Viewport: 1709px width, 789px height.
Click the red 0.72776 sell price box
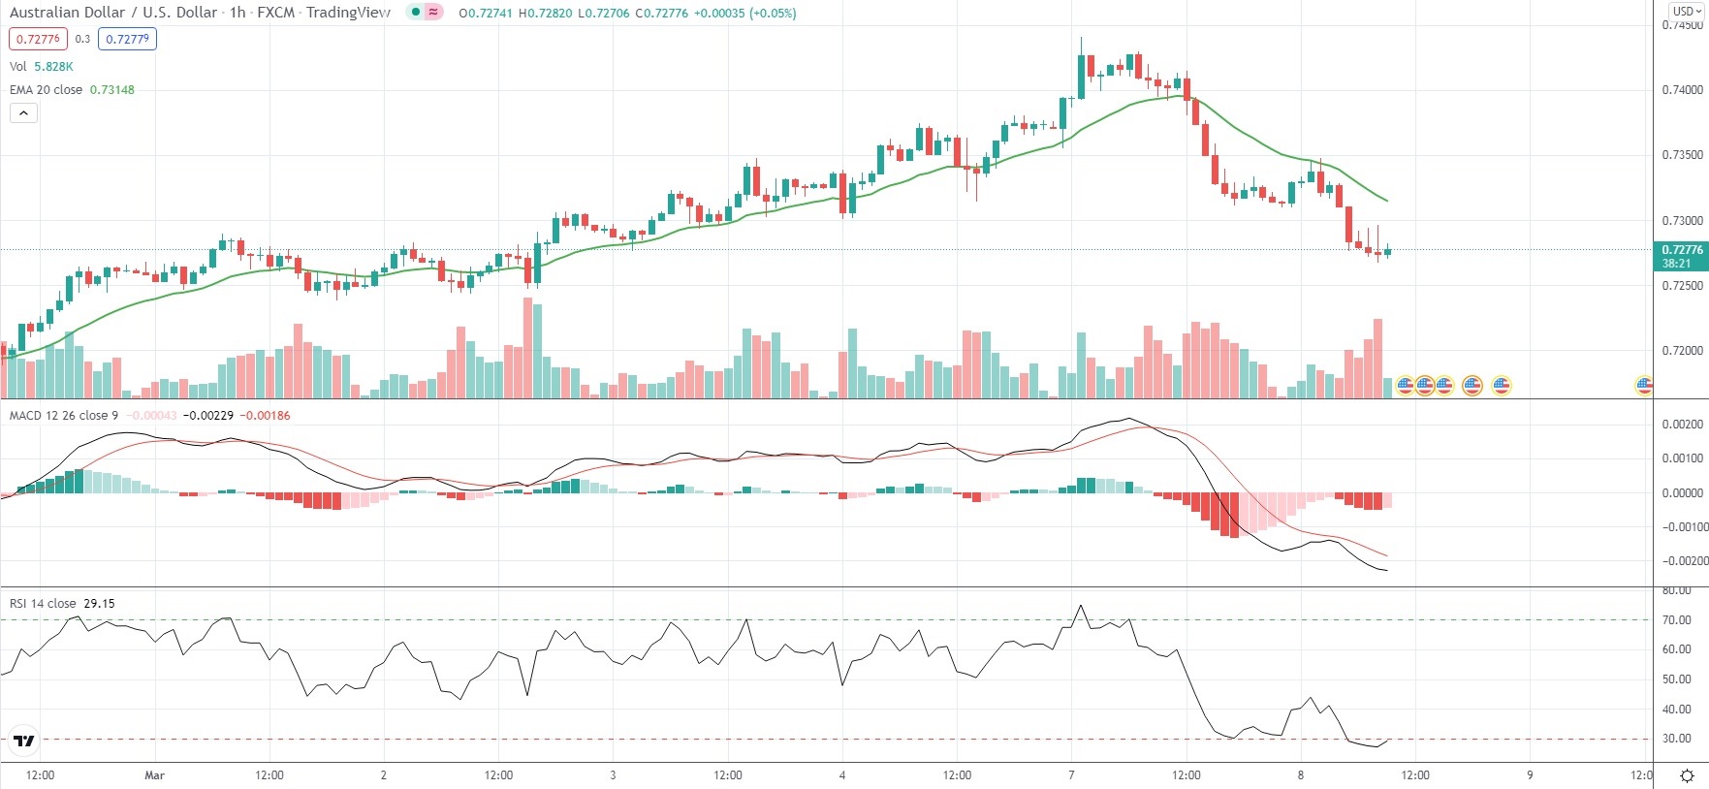click(38, 39)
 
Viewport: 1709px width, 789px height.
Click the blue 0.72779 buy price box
click(127, 39)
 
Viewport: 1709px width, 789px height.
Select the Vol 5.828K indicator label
click(41, 66)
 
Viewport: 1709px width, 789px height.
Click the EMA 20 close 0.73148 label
click(72, 89)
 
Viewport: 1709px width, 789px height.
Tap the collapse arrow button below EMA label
click(23, 112)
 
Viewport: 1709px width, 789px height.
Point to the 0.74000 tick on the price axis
click(1682, 90)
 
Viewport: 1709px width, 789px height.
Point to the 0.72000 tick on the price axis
click(1682, 351)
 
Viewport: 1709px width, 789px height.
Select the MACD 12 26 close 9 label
click(64, 415)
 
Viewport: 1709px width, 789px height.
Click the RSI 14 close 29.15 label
click(62, 603)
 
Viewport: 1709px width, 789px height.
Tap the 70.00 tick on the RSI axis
click(1676, 620)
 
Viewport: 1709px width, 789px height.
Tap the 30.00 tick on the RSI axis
click(1676, 739)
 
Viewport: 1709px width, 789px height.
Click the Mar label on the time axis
click(154, 775)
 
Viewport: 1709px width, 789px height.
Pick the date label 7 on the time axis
click(1071, 775)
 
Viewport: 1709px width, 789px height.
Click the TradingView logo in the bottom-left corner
click(24, 742)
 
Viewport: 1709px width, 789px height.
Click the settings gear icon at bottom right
click(1687, 775)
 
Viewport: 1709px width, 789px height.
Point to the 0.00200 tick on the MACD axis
click(1682, 425)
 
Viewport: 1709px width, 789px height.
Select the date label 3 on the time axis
click(613, 775)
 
